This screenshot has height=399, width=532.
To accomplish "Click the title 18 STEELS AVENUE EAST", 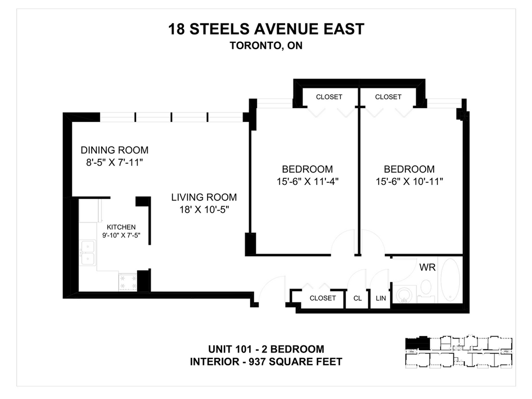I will [x=266, y=29].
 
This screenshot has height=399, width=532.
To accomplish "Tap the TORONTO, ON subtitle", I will [x=266, y=46].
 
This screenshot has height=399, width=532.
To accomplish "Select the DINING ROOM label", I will [x=114, y=150].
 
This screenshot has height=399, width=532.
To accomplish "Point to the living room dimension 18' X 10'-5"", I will [x=204, y=210].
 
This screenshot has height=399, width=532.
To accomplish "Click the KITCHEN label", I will [x=121, y=227].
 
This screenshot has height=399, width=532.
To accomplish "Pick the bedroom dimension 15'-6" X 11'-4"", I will [x=307, y=181].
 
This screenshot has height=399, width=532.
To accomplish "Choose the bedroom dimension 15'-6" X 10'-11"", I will [x=409, y=181].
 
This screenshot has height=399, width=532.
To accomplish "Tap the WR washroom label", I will [x=427, y=267].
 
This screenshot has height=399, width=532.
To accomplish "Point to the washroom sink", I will [x=403, y=295].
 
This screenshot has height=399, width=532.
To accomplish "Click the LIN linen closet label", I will [x=381, y=298].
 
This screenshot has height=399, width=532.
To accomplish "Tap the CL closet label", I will [x=358, y=298].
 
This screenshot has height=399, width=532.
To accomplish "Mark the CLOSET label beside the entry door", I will [x=323, y=298].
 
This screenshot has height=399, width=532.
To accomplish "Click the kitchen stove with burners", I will [x=128, y=282].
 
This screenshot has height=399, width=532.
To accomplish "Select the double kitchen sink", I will [x=87, y=253].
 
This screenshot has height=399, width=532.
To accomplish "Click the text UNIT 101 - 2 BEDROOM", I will [x=266, y=349].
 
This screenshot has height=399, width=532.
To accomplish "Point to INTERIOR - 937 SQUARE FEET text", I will [x=266, y=362].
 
